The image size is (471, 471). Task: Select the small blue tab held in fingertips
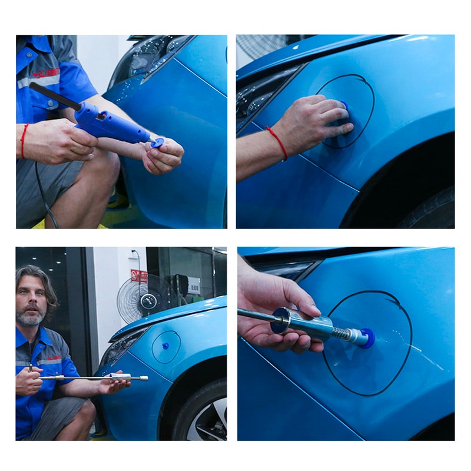click(x=157, y=142)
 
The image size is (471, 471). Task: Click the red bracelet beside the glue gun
click(x=24, y=140)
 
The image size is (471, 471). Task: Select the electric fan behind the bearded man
click(x=136, y=298)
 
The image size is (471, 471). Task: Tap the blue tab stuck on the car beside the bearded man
click(x=165, y=346)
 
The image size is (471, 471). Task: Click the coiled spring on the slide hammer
click(x=341, y=333)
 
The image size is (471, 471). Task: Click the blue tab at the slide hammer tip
click(x=369, y=338)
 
